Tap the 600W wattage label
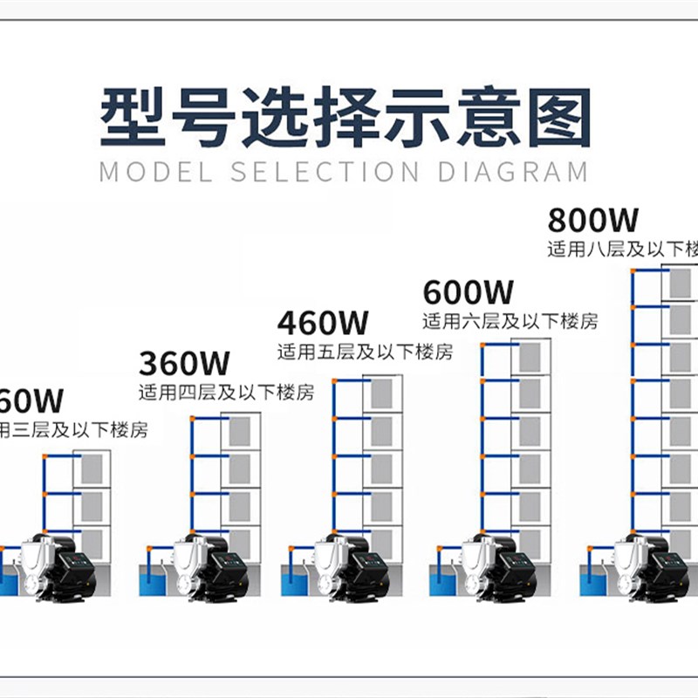tap(469, 291)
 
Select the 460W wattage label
tap(324, 324)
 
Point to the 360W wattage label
tap(184, 361)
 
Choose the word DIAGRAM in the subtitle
tap(513, 171)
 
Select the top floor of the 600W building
tap(530, 359)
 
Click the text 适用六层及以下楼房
tap(510, 321)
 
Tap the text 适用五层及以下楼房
tap(366, 353)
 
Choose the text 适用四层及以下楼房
tap(226, 390)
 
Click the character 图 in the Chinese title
tap(558, 115)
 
